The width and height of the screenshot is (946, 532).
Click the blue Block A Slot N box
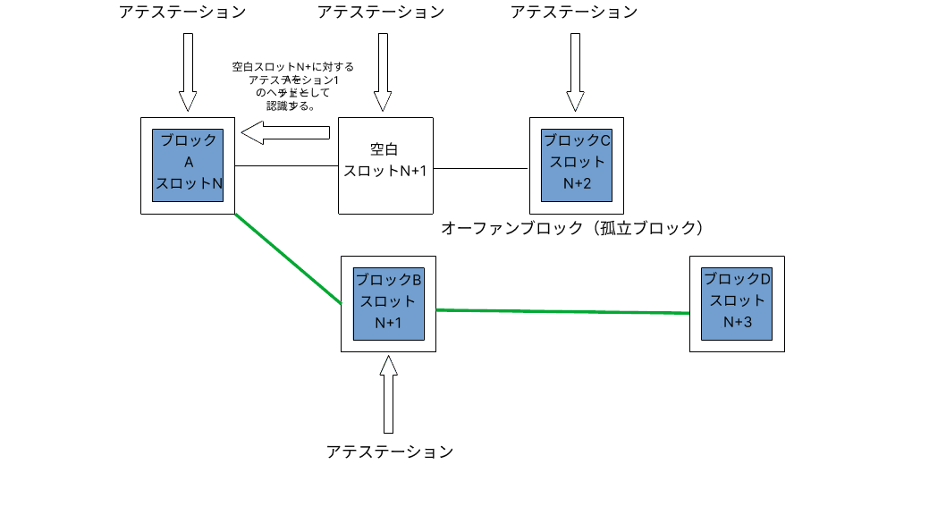[188, 165]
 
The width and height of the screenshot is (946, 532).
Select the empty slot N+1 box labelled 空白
[385, 165]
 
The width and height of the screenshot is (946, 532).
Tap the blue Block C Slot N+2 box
[577, 165]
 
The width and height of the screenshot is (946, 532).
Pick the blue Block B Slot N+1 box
[388, 304]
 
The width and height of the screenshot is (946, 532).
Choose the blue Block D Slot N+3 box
[737, 304]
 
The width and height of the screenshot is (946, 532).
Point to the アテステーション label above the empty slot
[381, 13]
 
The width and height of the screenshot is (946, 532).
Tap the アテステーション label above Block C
[574, 13]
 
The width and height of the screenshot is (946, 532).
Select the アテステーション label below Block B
[390, 452]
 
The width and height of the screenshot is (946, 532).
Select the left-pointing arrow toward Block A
[286, 133]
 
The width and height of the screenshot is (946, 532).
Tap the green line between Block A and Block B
[288, 259]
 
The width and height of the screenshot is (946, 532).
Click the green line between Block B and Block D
[563, 311]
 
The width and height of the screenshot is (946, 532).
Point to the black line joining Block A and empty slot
[286, 166]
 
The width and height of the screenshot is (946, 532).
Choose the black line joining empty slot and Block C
[481, 167]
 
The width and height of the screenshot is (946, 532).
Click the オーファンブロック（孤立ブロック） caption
[573, 228]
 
